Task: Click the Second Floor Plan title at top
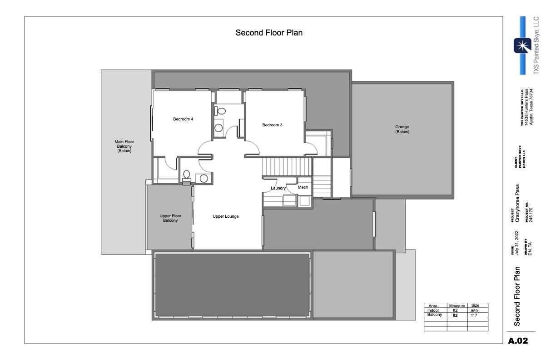tap(269, 33)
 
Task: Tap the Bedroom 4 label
tap(183, 120)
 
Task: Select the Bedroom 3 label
tap(273, 125)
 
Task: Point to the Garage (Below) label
tap(402, 130)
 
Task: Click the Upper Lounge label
tap(226, 216)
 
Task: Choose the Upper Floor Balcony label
tap(170, 218)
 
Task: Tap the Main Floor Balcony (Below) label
tap(124, 146)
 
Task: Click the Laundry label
tap(278, 188)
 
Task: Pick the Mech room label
tap(303, 187)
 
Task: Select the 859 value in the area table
tap(474, 310)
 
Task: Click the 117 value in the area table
tap(474, 315)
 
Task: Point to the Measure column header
tap(457, 306)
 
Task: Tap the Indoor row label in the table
tap(433, 310)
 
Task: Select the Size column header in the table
tap(476, 306)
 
